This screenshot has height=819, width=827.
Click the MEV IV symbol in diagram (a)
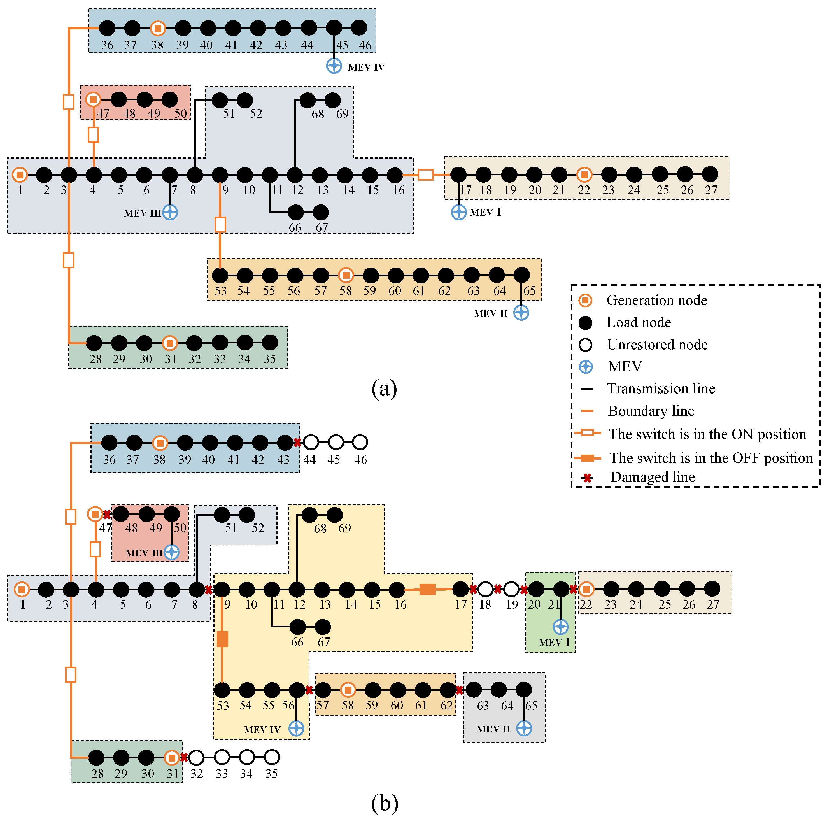pyautogui.click(x=334, y=66)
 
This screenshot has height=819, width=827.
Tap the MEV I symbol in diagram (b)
pyautogui.click(x=560, y=627)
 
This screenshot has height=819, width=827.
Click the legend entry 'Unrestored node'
pyautogui.click(x=657, y=345)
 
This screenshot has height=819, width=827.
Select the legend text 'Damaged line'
pyautogui.click(x=652, y=477)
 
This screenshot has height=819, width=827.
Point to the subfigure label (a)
pyautogui.click(x=384, y=389)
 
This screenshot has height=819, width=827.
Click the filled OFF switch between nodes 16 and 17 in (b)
pyautogui.click(x=427, y=590)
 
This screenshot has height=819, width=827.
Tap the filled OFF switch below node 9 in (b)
pyautogui.click(x=222, y=639)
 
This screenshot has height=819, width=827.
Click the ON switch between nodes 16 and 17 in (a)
pyautogui.click(x=425, y=175)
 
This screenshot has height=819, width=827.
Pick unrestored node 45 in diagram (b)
pyautogui.click(x=336, y=442)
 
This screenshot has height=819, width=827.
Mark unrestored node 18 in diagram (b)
pyautogui.click(x=485, y=590)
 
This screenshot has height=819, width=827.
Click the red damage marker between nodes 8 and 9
pyautogui.click(x=208, y=590)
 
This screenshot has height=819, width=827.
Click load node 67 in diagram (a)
pyautogui.click(x=321, y=212)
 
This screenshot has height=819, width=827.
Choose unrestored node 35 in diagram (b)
pyautogui.click(x=272, y=757)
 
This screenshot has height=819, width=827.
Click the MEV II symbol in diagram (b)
pyautogui.click(x=524, y=728)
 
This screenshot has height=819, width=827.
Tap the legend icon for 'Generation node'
pyautogui.click(x=585, y=301)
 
